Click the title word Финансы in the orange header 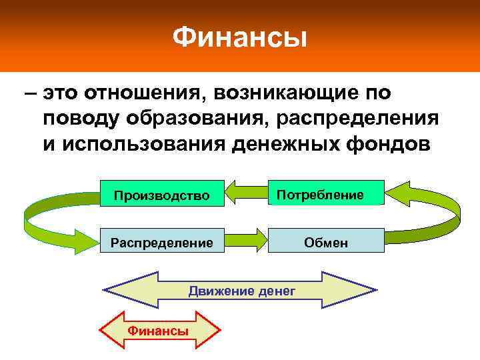(x=240, y=37)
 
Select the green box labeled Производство (x=161, y=195)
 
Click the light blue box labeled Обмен (x=327, y=242)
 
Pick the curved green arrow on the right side (x=427, y=213)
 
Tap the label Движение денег (x=241, y=291)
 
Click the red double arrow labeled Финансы (x=159, y=331)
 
